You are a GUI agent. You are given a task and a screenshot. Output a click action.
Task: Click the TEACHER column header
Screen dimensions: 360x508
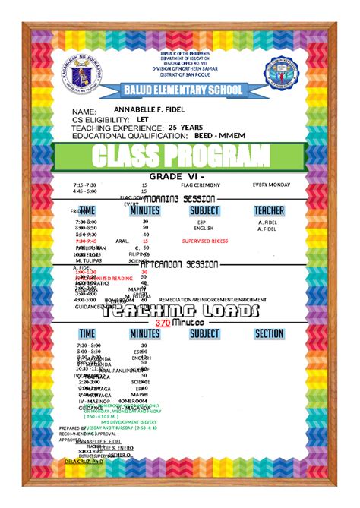coord(269,210)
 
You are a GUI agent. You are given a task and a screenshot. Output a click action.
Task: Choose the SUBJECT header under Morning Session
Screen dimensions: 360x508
coord(204,210)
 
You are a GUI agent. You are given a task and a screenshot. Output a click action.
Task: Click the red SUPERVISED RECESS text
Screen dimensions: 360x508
coord(205,241)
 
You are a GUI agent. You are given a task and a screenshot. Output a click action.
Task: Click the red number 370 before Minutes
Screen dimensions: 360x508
coord(162,323)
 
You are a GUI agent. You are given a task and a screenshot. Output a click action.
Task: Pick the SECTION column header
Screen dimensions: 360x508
coord(269,333)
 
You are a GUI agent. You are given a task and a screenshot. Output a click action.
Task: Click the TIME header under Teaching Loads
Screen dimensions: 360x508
coord(87,333)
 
